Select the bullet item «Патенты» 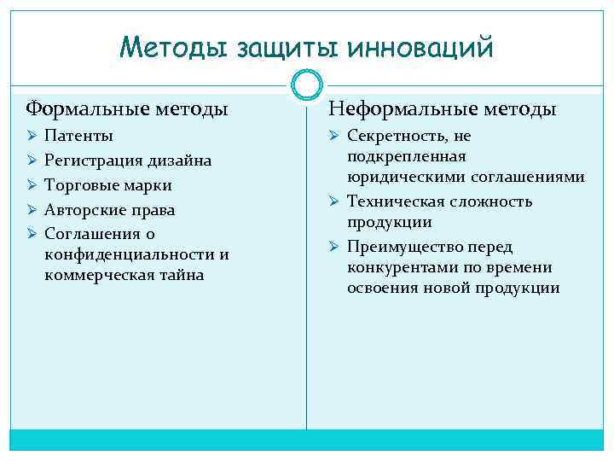click(x=78, y=137)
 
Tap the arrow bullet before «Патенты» click(x=32, y=137)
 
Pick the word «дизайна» click(x=179, y=160)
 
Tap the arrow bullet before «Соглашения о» click(x=32, y=233)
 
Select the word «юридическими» click(x=399, y=178)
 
